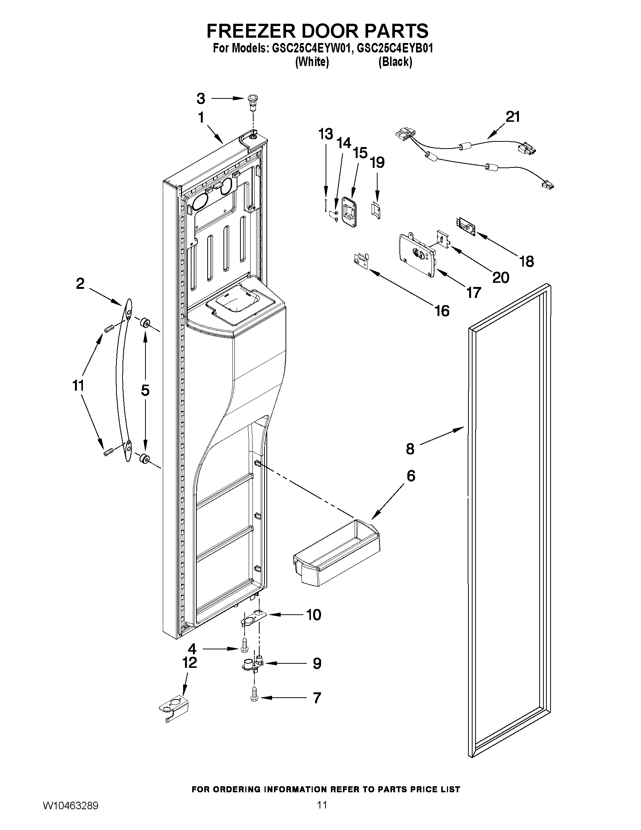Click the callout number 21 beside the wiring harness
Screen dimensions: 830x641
pyautogui.click(x=512, y=117)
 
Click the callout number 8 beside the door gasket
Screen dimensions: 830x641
pyautogui.click(x=410, y=449)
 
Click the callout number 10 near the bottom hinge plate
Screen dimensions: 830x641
pyautogui.click(x=314, y=615)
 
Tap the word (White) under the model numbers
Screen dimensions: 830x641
pyautogui.click(x=312, y=61)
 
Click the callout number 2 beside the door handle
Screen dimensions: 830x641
pyautogui.click(x=80, y=284)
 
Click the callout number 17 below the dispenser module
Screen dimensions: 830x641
pyautogui.click(x=473, y=293)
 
